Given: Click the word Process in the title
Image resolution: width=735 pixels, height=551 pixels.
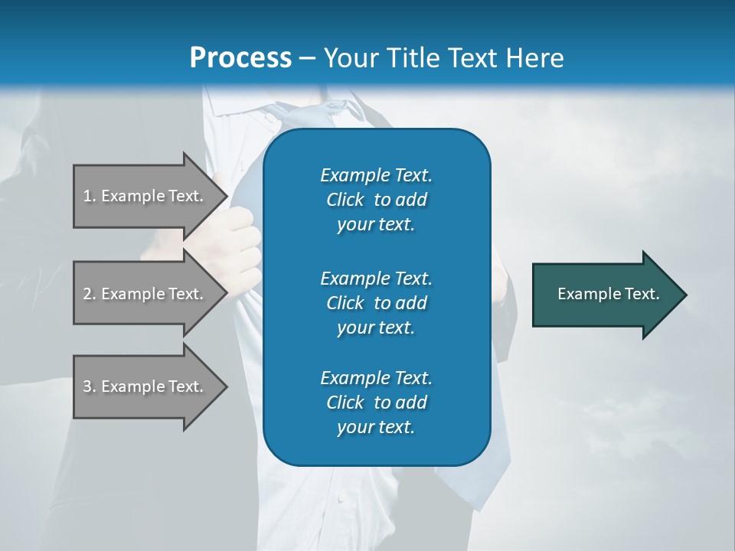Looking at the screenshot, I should [x=240, y=58].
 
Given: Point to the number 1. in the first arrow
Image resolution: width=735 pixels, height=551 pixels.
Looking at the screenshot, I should [x=90, y=196].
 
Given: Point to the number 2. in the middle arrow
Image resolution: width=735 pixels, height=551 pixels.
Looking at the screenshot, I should [x=90, y=294].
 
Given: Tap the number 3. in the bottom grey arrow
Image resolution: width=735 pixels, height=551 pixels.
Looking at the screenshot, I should [x=90, y=386].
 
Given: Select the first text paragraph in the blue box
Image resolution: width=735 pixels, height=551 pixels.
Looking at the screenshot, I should [x=376, y=200].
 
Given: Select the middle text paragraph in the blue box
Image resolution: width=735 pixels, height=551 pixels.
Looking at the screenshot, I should [x=376, y=302].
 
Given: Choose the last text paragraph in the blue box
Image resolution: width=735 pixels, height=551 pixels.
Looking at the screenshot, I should [x=376, y=403].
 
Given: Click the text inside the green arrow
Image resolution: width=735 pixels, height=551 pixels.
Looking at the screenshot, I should [x=608, y=294].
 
